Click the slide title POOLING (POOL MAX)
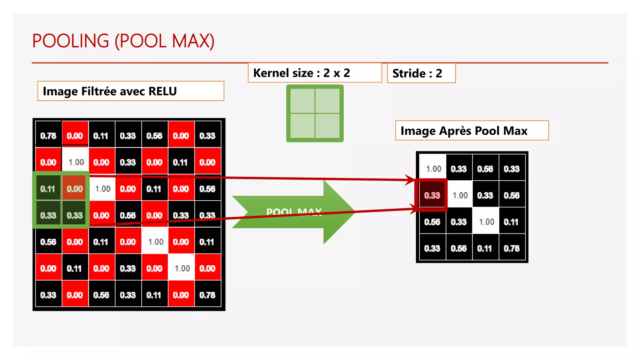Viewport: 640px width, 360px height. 123,41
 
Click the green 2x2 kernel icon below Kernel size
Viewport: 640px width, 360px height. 315,113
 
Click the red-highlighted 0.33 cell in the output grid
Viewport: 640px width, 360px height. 432,196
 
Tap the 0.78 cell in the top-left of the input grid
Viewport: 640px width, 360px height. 48,136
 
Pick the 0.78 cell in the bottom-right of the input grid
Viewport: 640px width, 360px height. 207,295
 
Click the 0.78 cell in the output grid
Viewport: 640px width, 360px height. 512,248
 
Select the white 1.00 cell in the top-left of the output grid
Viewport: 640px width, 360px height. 433,169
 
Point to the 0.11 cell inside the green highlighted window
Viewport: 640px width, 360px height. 48,189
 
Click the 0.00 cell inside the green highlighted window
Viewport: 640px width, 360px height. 75,189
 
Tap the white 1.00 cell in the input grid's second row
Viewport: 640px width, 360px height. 76,162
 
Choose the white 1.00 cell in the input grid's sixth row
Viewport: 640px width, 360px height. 182,268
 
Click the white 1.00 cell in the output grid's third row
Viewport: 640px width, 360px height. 486,222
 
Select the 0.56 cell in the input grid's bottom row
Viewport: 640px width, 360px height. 101,295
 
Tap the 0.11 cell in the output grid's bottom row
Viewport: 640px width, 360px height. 485,248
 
